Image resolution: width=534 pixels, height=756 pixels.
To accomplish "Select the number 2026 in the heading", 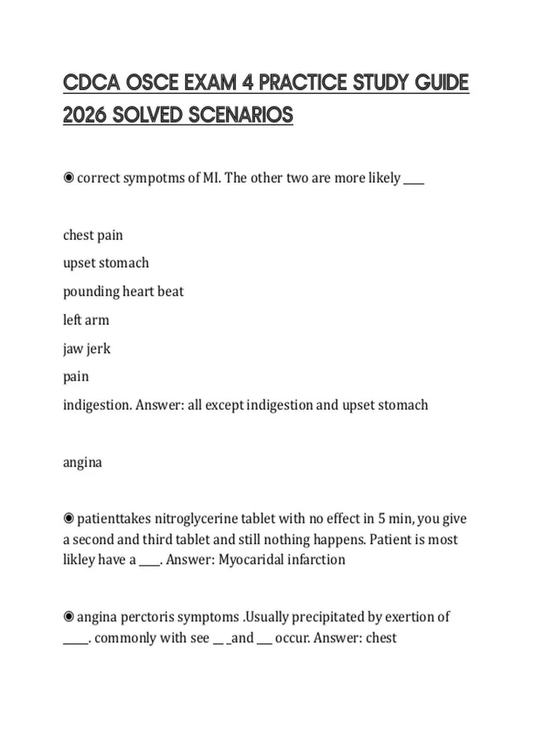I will coord(85,115).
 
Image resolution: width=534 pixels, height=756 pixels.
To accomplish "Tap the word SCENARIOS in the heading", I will coord(241,115).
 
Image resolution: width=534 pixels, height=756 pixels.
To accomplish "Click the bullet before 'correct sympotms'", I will coord(69,178).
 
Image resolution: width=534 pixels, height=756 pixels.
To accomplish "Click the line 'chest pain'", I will coord(93,235).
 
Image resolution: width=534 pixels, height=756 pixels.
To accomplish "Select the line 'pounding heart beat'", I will coord(123,292).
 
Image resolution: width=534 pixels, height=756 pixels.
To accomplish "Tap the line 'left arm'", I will coord(86,320).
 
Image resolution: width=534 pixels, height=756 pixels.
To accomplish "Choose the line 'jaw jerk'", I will coord(86,349).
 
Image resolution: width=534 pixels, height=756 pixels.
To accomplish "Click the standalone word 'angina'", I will coord(82,462).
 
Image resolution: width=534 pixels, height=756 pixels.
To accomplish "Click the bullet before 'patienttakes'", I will coord(69,519).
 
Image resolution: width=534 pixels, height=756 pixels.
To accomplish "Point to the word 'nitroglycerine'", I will coord(196,519).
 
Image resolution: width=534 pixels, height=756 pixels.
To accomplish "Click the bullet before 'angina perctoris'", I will coord(69,617).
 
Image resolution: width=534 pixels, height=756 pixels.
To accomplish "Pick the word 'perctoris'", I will coord(147,617).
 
